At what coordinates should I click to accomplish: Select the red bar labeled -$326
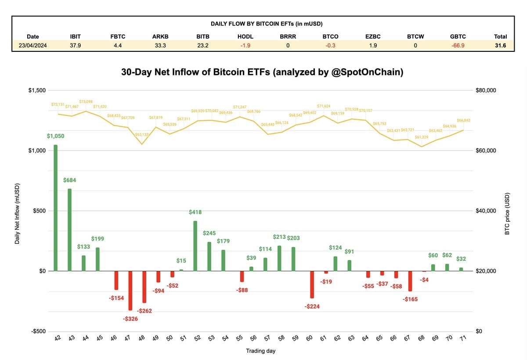[130, 291]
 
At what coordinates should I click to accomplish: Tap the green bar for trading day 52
[195, 246]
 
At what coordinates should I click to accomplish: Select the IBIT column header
[75, 36]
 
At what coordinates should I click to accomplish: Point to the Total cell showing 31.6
[500, 45]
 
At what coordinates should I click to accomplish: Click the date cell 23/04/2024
[33, 45]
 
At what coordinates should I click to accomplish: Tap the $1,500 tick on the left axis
[37, 90]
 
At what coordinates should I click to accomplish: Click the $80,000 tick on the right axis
[486, 90]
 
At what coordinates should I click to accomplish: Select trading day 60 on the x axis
[310, 338]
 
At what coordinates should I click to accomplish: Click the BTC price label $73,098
[86, 102]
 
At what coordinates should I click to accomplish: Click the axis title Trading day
[260, 351]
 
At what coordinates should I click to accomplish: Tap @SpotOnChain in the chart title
[367, 72]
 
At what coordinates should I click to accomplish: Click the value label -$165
[410, 299]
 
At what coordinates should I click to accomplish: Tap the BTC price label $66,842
[464, 120]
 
